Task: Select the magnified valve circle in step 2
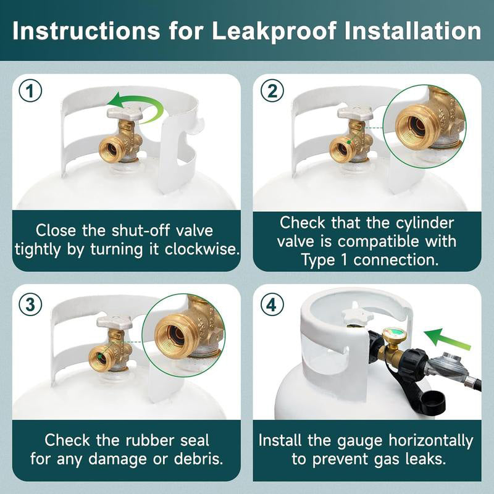(x=424, y=127)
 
